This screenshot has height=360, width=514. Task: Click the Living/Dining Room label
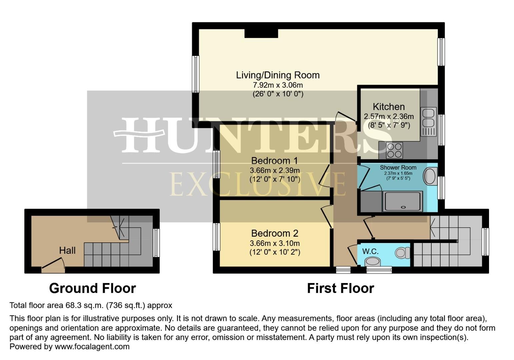coord(278,75)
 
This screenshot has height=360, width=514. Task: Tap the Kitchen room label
coord(389,107)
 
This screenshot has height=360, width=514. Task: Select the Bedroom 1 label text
coord(275,161)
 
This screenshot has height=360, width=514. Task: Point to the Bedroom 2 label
coord(275,233)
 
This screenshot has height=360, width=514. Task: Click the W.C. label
coord(370,251)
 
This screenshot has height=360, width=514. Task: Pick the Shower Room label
coord(398,167)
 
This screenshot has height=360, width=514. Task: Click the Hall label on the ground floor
coord(67,251)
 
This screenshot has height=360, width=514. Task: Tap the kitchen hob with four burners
coord(394,150)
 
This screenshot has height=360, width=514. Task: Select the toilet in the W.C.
coord(403,253)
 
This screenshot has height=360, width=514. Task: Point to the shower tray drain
coord(404,207)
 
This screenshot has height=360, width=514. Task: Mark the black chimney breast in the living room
coord(261,33)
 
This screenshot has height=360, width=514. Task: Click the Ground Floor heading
coord(92,288)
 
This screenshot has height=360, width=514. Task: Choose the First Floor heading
coord(340,288)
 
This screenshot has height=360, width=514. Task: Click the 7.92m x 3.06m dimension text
coord(278,85)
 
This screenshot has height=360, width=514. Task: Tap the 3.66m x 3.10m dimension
coord(275,243)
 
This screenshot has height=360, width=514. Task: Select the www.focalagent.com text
coord(92,346)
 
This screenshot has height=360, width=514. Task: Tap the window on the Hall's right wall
coord(156,243)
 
